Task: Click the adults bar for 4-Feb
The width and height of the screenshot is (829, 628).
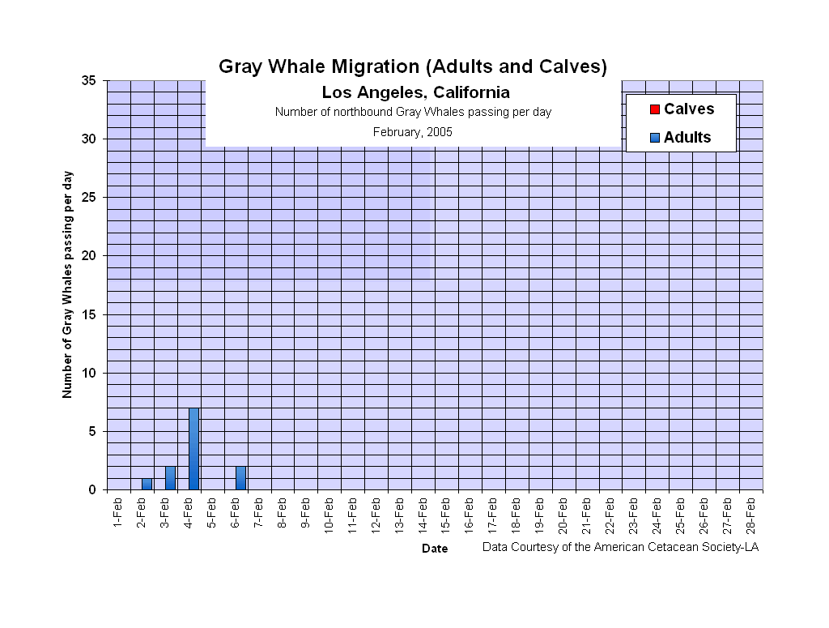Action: tap(193, 449)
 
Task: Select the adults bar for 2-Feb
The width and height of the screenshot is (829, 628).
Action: tap(147, 484)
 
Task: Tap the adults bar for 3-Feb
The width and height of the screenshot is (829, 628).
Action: tap(170, 478)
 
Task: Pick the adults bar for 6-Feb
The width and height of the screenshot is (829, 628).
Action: tap(240, 478)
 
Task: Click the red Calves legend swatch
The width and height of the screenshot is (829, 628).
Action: tap(655, 109)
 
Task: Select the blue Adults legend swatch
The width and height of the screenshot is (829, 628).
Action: tap(655, 138)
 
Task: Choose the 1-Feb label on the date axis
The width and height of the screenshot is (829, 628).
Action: tap(119, 513)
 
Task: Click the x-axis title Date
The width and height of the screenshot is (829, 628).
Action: tap(434, 549)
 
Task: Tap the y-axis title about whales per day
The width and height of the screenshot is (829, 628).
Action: tap(68, 284)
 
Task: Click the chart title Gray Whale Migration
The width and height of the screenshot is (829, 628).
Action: tap(413, 66)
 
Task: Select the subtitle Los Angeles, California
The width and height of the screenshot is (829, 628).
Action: tap(415, 92)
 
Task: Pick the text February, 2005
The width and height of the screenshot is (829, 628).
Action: tap(413, 131)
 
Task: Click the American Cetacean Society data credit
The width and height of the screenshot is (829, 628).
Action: tap(620, 547)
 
